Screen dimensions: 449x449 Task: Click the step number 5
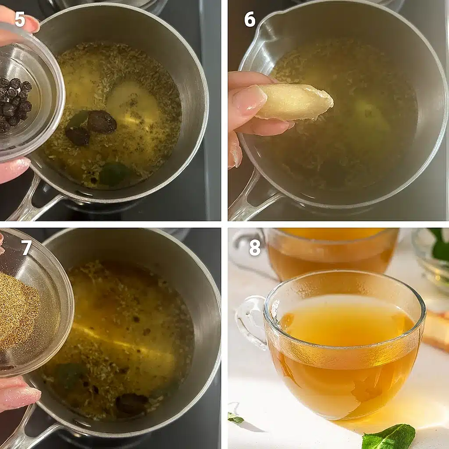click(x=20, y=19)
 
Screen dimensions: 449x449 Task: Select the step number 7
click(x=26, y=248)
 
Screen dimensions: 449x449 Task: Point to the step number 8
click(x=255, y=248)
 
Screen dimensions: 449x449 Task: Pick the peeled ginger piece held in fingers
click(x=295, y=102)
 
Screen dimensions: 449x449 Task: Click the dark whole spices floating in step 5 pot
click(x=92, y=128)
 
